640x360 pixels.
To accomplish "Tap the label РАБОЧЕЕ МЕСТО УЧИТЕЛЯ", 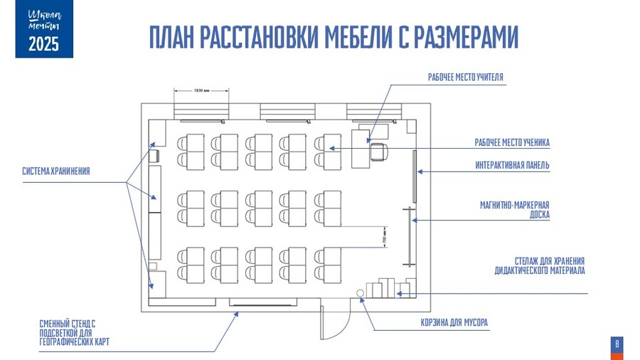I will click(466, 77).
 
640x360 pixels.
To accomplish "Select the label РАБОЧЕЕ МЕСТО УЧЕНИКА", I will click(512, 143).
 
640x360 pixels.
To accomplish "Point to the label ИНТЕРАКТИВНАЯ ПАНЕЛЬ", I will click(512, 166).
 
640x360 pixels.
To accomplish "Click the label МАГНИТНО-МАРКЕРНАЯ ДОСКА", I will click(514, 209).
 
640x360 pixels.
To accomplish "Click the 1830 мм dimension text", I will click(201, 90).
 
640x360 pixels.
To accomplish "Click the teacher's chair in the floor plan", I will click(378, 150).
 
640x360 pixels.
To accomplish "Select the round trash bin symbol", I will click(361, 294).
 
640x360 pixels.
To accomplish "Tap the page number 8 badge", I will click(617, 345).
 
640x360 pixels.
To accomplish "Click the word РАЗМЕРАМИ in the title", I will click(465, 37).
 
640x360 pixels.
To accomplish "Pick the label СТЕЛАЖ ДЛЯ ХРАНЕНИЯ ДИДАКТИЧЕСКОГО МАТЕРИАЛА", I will click(540, 265).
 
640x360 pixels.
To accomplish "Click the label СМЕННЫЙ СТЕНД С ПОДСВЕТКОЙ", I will click(67, 332).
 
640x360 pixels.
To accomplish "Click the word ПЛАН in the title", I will click(168, 37).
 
